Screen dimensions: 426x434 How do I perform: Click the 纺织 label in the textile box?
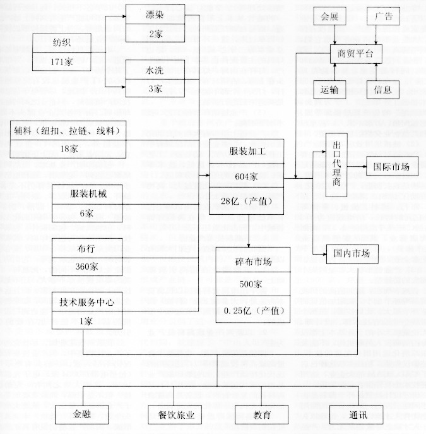point(62,42)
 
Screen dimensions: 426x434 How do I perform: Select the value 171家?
point(61,61)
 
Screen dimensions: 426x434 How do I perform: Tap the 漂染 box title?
point(155,15)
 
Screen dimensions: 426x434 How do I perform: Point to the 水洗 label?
point(155,70)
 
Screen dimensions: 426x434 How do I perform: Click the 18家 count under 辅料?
point(69,148)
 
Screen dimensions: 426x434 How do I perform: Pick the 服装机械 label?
point(88,193)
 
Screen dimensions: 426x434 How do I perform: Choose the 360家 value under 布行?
point(86,266)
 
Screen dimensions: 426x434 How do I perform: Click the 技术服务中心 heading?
point(87,302)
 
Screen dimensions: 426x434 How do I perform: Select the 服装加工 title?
point(247,151)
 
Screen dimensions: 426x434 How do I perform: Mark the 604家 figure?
point(246,176)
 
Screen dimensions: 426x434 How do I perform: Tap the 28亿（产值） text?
point(247,201)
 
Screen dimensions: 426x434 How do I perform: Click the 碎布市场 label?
point(253,262)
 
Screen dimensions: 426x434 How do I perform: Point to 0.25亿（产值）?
point(254,311)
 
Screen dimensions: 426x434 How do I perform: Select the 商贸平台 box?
point(356,54)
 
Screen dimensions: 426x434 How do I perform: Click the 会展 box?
point(329,16)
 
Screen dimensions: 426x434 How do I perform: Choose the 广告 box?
point(384,16)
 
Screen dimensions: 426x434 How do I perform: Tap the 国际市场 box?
point(393,166)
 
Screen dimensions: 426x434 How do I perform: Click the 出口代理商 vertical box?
point(336,165)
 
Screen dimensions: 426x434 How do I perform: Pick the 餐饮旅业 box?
point(175,414)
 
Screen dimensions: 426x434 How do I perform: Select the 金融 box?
point(81,414)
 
